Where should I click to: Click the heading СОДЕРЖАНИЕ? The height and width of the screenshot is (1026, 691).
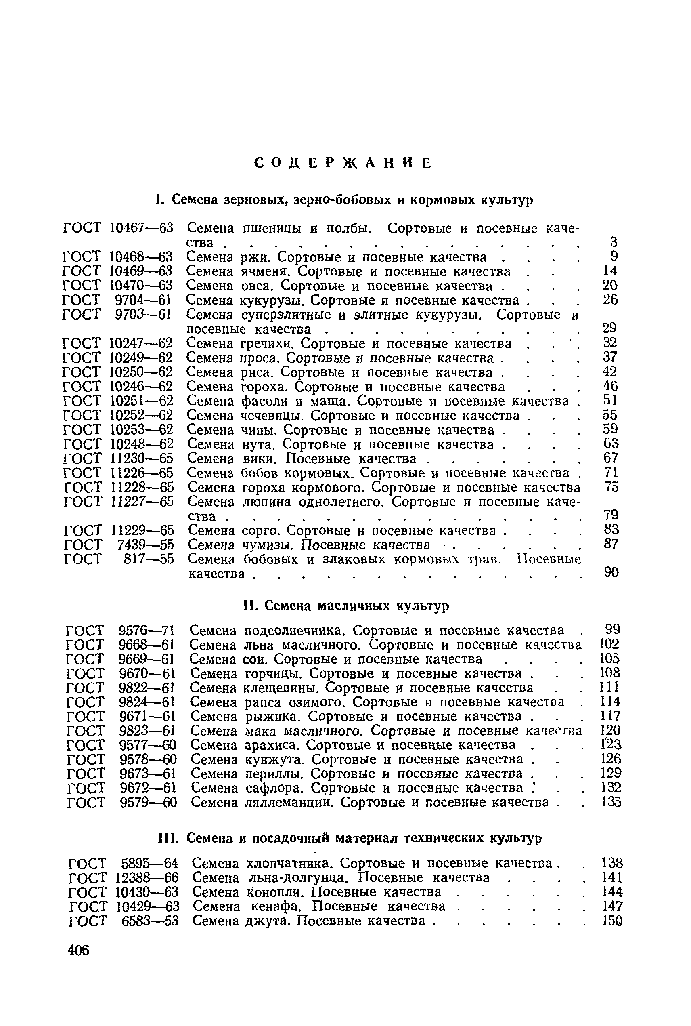tap(343, 163)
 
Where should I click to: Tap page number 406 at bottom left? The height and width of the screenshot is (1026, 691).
tap(78, 950)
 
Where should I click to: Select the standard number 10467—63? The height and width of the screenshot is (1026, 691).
tap(141, 228)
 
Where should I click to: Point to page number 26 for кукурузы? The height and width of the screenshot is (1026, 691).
tap(610, 300)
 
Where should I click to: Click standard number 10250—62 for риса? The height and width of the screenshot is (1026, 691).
tap(141, 372)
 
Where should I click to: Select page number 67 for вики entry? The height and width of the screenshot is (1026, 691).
tap(611, 458)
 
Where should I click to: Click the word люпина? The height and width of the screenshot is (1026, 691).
tap(267, 502)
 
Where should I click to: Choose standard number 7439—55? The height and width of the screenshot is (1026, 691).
tap(145, 545)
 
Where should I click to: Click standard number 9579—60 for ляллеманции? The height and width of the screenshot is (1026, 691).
tap(148, 803)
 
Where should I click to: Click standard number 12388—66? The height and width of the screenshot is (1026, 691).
tap(147, 878)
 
